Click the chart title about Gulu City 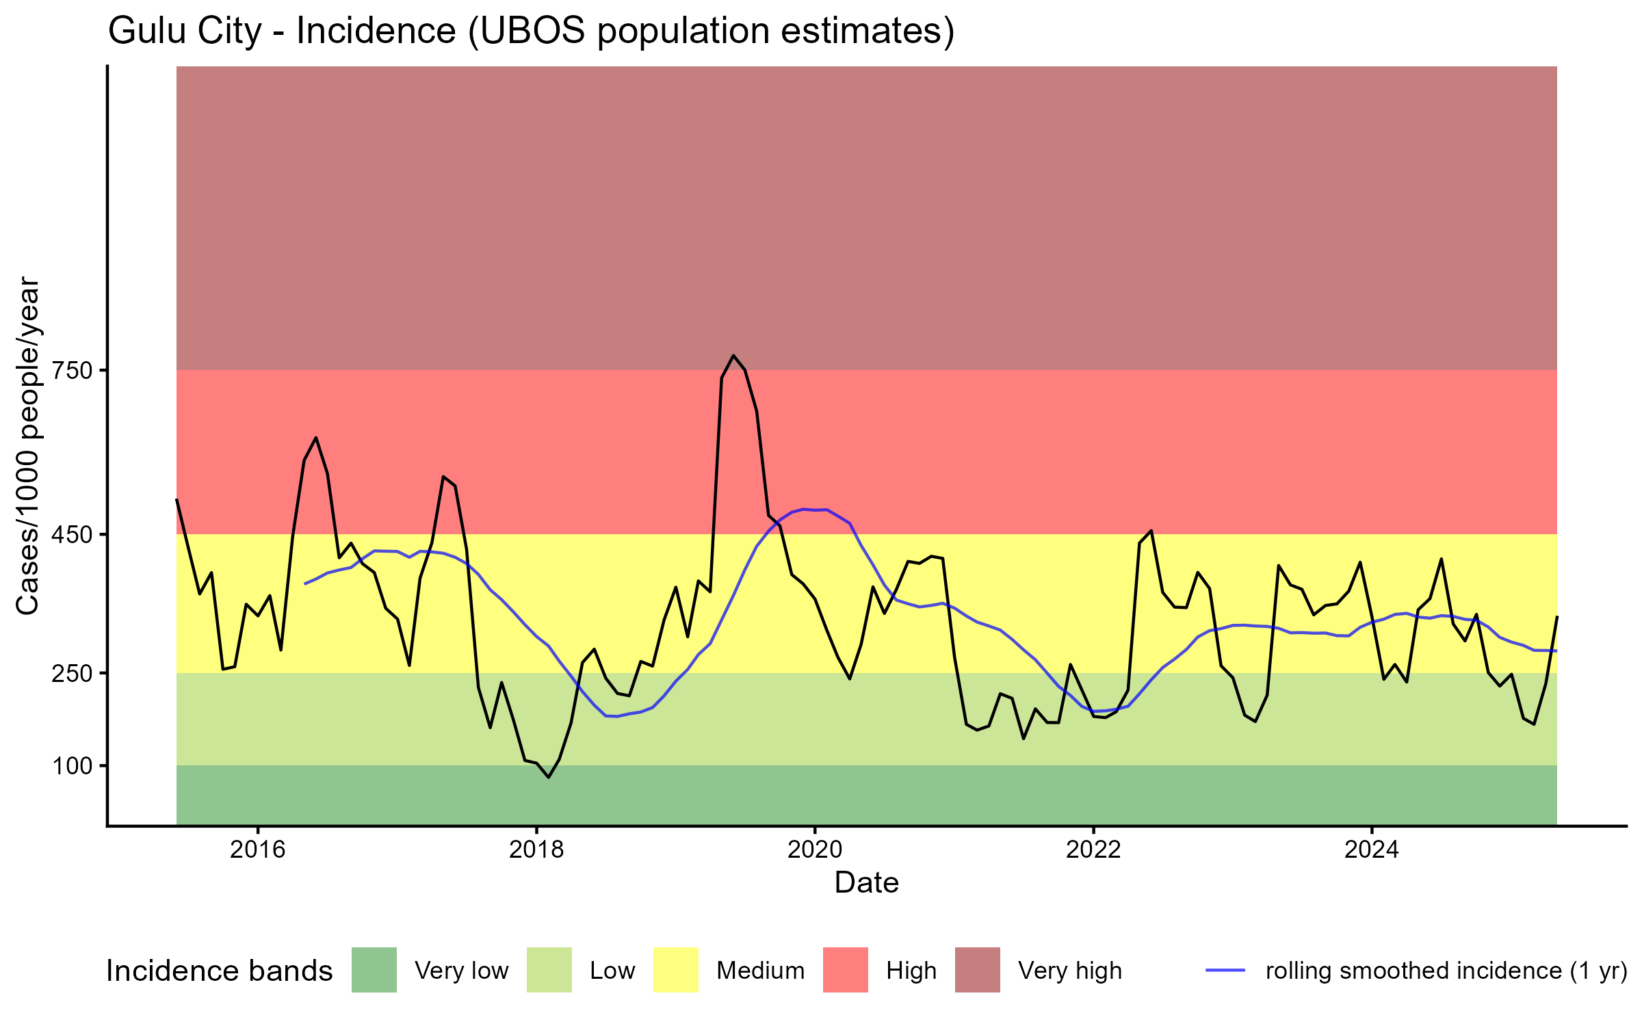click(x=531, y=31)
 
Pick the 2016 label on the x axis click(x=257, y=850)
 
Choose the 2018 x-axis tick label click(x=536, y=850)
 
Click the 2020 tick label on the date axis click(x=815, y=850)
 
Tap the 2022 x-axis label click(x=1093, y=850)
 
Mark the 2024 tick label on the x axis click(x=1372, y=850)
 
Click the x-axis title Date click(x=866, y=883)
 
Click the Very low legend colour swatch click(x=374, y=970)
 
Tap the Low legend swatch click(x=549, y=970)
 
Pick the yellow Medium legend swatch click(x=676, y=970)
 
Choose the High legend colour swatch click(x=846, y=970)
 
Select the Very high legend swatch click(x=978, y=970)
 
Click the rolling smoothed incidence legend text click(x=1446, y=971)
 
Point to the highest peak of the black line click(x=733, y=355)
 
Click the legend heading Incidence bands click(x=220, y=971)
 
